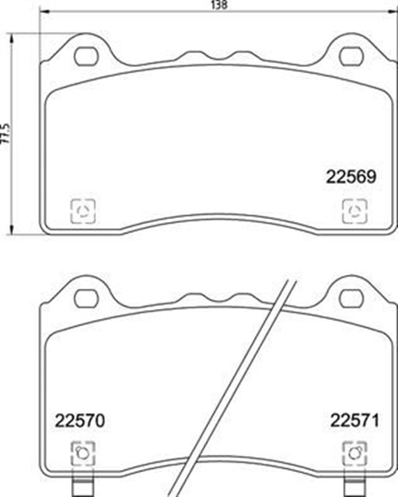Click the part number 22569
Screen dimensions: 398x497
pos(351,176)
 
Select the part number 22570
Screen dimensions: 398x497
pos(79,421)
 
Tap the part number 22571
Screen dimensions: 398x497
pos(354,421)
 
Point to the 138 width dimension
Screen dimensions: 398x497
pos(219,5)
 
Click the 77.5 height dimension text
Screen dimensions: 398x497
pos(5,134)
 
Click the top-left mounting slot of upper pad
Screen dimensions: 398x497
pos(86,57)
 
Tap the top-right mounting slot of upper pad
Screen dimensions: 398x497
pos(351,57)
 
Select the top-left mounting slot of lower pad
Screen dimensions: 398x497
pos(86,298)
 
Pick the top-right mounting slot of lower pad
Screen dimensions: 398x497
pos(351,298)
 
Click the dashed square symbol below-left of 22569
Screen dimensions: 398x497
pos(83,210)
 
